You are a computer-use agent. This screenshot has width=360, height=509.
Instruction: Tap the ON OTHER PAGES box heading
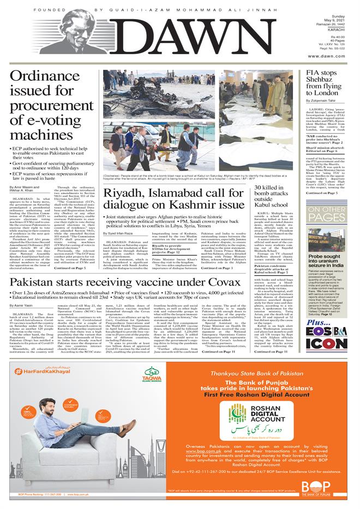[x=334, y=214]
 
